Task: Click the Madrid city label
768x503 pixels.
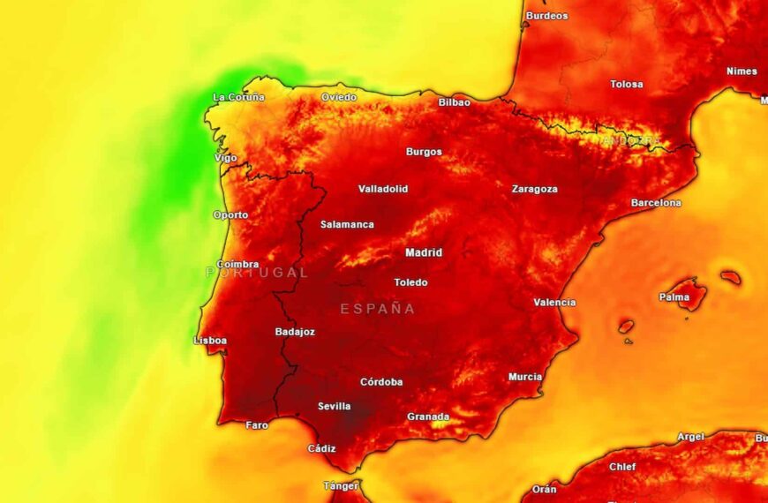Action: click(x=424, y=252)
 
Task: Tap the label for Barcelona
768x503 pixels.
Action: click(x=656, y=203)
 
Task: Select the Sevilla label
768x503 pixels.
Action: click(x=335, y=407)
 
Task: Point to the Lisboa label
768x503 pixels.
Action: click(x=210, y=341)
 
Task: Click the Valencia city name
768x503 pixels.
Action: click(x=554, y=303)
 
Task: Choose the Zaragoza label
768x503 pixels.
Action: click(x=535, y=189)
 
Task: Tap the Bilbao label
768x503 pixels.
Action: click(x=455, y=102)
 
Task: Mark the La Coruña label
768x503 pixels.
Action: click(x=238, y=97)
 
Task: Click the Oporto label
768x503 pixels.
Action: click(x=230, y=215)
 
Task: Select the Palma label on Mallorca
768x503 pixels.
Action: click(x=674, y=297)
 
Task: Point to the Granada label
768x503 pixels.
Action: click(x=428, y=417)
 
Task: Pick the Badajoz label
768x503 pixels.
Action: click(x=295, y=332)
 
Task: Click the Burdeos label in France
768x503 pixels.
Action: click(x=547, y=16)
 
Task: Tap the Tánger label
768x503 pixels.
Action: click(x=341, y=485)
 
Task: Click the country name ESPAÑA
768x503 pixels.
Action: click(x=378, y=309)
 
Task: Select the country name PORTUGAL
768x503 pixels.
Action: click(x=258, y=273)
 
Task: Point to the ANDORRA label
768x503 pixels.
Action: click(x=630, y=140)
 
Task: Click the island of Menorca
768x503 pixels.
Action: click(x=731, y=277)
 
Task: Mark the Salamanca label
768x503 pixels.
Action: click(x=347, y=224)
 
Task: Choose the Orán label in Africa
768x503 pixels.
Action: click(x=545, y=489)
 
